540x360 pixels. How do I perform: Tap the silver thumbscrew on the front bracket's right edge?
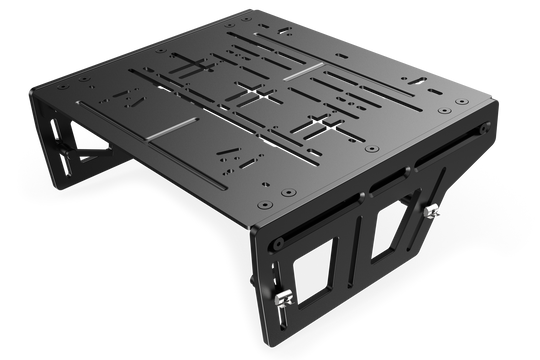(434, 211)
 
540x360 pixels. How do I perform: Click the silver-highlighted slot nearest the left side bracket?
(171, 129)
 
